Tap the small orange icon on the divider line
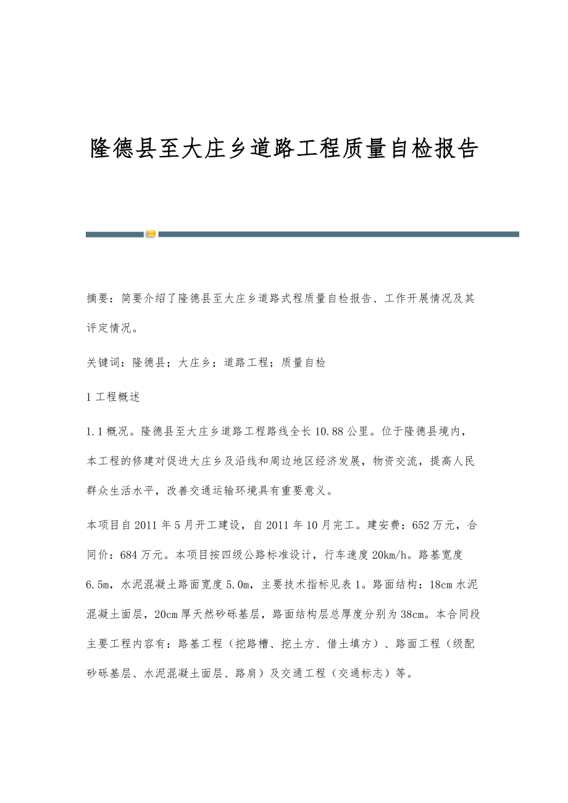151,234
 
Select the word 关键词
104,363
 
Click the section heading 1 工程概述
114,397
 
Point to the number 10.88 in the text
329,430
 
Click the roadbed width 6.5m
99,585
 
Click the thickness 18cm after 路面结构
441,585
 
